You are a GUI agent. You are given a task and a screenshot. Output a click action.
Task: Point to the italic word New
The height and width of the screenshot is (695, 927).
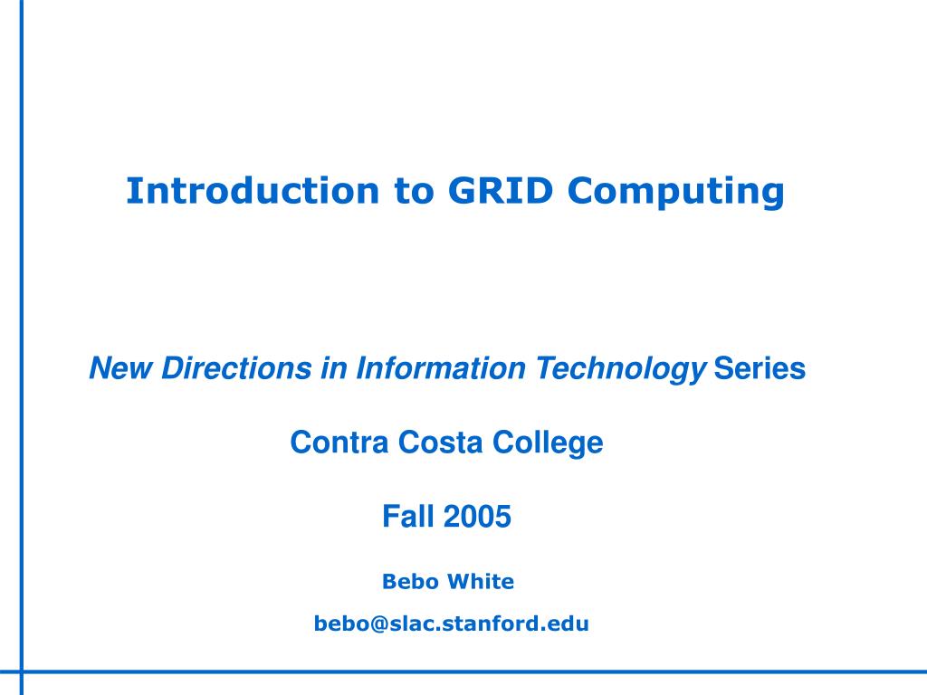point(121,369)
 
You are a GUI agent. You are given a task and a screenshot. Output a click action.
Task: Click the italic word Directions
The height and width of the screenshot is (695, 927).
point(238,369)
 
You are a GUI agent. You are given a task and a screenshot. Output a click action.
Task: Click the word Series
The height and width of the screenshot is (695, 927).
point(760,369)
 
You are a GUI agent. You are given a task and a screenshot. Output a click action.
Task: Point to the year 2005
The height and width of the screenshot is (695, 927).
point(478,518)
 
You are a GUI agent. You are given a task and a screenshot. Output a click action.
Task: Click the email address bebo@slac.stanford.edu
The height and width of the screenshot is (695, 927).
point(451,624)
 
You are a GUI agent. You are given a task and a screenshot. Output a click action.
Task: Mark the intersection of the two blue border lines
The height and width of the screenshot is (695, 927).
point(22,671)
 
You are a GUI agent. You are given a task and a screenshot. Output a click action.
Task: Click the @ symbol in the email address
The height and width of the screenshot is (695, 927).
point(368,624)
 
